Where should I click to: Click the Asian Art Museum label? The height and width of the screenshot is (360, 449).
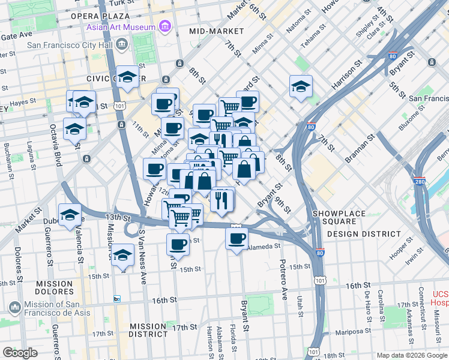120,27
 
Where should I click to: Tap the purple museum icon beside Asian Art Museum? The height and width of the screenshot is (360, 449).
163,27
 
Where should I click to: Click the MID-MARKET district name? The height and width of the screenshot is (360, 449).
216,31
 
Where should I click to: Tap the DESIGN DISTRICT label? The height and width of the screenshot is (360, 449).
364,234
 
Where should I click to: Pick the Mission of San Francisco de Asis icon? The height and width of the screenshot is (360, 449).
15,307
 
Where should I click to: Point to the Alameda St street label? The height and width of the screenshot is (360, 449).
263,246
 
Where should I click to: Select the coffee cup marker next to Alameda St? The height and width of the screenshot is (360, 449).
237,238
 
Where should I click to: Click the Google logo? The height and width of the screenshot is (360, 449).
21,353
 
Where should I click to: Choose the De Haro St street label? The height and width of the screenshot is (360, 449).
366,305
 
